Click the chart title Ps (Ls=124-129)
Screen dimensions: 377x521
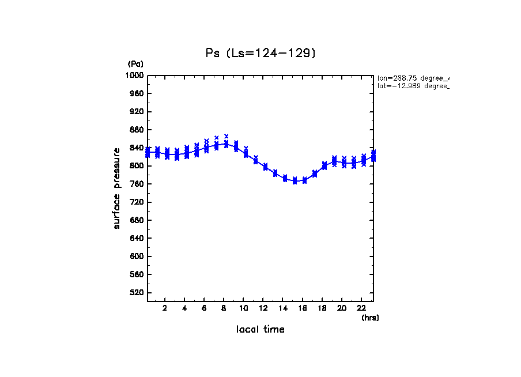coord(261,53)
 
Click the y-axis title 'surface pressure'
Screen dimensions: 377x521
coord(117,187)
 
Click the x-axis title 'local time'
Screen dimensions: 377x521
coord(260,329)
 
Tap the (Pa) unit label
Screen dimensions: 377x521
coord(135,64)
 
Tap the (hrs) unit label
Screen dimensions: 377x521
coord(370,318)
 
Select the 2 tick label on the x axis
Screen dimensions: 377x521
coord(165,308)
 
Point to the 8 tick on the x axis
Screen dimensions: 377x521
coord(224,308)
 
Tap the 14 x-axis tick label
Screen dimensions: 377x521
coord(283,308)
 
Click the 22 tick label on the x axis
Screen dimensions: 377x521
coord(361,308)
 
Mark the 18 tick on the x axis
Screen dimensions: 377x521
coord(322,308)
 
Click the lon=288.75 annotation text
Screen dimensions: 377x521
coord(413,78)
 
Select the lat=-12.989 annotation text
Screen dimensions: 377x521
coord(413,86)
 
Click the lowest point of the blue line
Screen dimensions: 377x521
coord(295,181)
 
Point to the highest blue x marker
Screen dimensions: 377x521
coord(226,136)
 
